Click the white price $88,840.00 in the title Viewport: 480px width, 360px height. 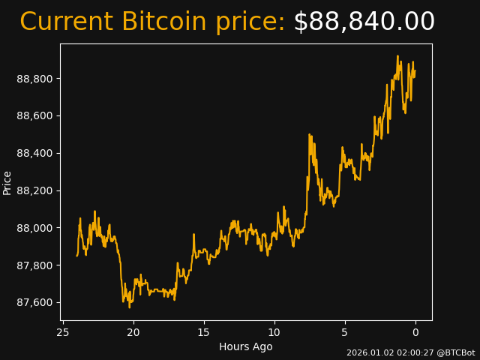(364, 22)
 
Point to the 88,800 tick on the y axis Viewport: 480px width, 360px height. (35, 79)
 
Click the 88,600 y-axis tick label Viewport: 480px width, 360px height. (35, 115)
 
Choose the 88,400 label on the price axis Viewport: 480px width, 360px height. (35, 153)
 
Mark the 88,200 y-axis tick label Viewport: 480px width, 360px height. (35, 190)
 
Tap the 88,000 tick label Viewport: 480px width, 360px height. (35, 228)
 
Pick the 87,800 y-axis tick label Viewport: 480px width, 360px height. (35, 265)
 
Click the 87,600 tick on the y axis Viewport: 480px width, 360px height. (35, 302)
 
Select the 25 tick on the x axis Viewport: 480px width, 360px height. (63, 331)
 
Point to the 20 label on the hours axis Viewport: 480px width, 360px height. (133, 331)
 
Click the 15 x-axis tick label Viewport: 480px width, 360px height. (204, 331)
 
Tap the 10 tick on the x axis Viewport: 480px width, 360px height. (274, 331)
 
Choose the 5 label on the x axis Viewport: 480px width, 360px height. (345, 331)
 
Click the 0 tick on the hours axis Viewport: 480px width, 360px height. (415, 331)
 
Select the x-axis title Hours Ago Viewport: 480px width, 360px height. (246, 346)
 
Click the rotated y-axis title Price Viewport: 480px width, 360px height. (7, 182)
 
